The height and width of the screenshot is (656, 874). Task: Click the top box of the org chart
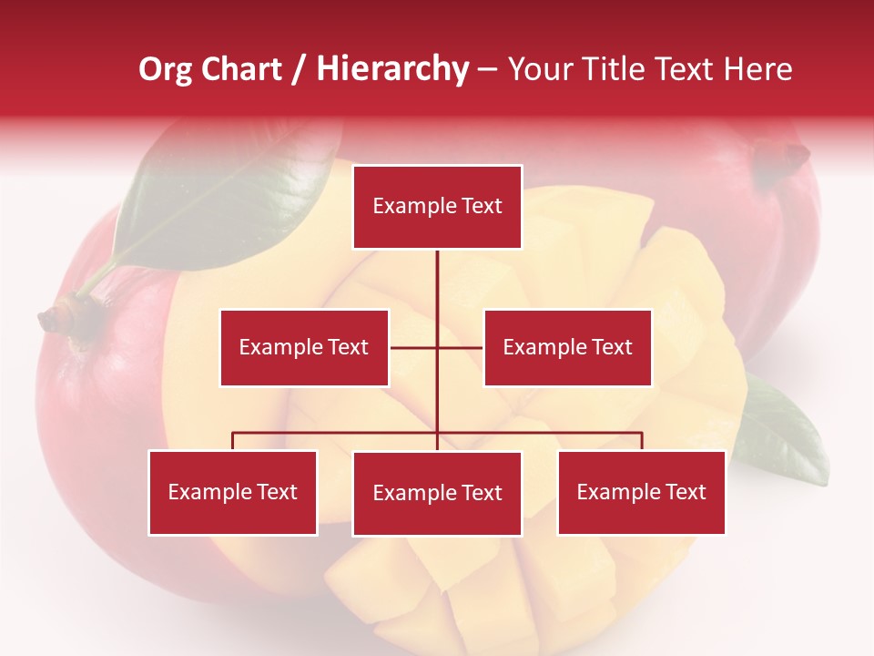click(437, 207)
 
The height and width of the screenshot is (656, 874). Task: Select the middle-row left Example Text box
click(304, 347)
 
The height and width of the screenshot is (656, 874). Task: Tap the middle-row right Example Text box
click(567, 347)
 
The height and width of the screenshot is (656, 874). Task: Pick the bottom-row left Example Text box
click(233, 492)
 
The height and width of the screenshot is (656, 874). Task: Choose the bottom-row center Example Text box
click(437, 493)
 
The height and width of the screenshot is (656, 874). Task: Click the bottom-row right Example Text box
click(641, 492)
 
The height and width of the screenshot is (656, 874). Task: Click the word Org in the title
click(165, 69)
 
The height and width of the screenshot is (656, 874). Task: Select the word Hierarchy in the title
click(391, 69)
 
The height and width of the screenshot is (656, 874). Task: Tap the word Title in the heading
click(617, 69)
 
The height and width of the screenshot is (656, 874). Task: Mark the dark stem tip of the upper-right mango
click(787, 160)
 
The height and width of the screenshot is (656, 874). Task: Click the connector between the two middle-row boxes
click(437, 347)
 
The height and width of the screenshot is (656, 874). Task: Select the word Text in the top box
click(482, 207)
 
